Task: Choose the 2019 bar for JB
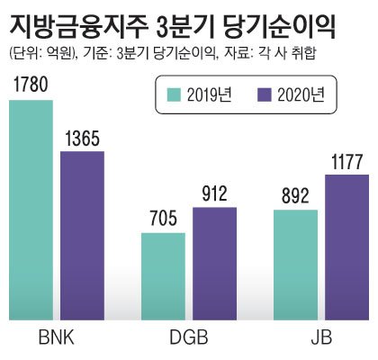[x=295, y=265]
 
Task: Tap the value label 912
[x=214, y=194]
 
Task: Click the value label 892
[x=295, y=197]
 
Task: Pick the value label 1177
[x=346, y=162]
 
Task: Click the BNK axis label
[x=57, y=340]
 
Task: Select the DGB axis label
[x=189, y=340]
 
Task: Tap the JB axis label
[x=321, y=340]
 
